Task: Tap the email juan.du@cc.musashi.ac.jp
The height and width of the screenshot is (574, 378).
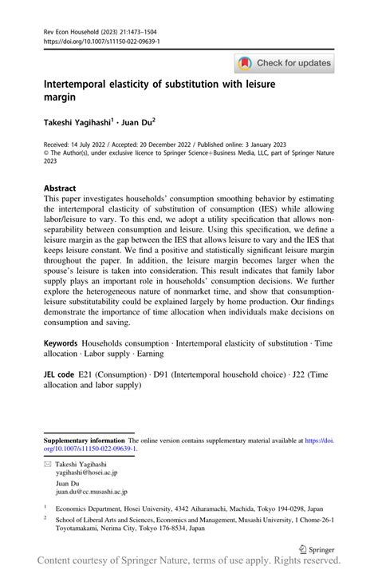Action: [x=91, y=493]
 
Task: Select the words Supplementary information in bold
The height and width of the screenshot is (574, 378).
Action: [x=84, y=440]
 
